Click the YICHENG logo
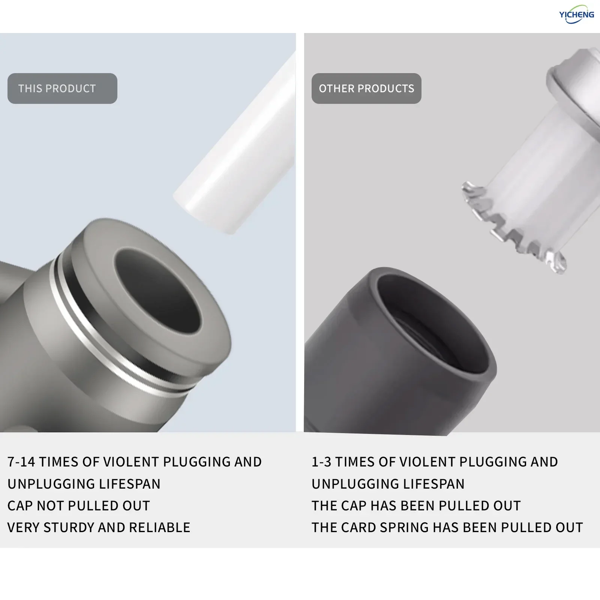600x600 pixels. (576, 14)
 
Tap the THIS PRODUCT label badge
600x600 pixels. (62, 88)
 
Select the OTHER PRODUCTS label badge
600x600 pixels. (366, 88)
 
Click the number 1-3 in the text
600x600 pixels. (321, 462)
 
